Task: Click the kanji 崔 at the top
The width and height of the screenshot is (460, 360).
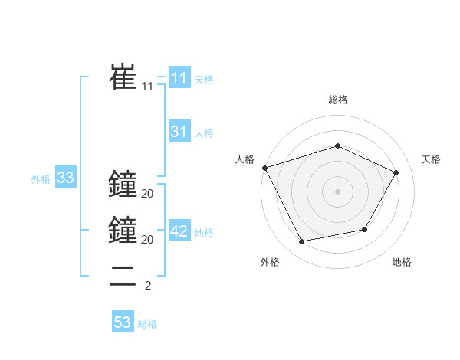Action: point(123,77)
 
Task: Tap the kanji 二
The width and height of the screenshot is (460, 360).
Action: point(123,276)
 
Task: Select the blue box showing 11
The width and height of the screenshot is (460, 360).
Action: point(179,77)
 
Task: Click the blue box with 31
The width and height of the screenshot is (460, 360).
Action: point(179,132)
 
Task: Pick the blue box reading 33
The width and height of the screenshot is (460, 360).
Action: point(65,178)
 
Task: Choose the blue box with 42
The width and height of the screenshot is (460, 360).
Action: point(179,232)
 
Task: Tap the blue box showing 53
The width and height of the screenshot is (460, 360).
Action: point(123,322)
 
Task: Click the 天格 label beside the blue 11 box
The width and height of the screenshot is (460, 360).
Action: point(204,79)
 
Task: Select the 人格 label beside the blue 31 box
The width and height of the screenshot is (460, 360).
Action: point(204,133)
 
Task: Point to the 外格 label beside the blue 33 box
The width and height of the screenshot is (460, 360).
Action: point(41,180)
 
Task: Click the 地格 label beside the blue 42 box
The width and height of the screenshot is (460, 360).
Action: point(204,234)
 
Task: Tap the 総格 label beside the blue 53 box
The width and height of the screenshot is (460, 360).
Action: point(147,324)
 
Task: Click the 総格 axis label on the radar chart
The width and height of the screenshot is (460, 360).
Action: point(337,100)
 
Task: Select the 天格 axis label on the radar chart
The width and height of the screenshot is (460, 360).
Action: point(431,160)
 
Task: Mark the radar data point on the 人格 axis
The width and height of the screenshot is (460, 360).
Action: point(264,168)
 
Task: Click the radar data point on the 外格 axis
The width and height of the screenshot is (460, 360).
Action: point(301,242)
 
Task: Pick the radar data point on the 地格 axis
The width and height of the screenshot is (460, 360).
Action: point(365,229)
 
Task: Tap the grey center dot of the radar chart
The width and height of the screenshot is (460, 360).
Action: point(337,191)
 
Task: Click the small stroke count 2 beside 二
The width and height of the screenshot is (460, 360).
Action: point(147,286)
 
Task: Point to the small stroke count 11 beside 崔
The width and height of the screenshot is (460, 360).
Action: point(147,87)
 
